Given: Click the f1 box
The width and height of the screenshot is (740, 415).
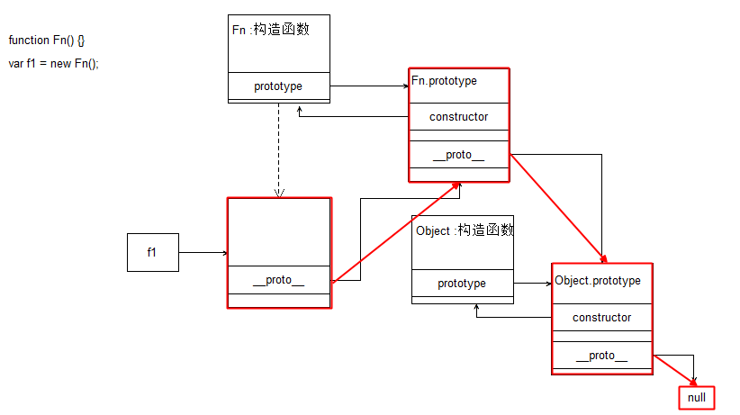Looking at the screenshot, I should click(x=152, y=252).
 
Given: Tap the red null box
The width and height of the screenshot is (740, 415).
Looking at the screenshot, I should click(x=697, y=397).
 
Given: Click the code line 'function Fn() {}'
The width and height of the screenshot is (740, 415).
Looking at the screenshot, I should click(x=47, y=41).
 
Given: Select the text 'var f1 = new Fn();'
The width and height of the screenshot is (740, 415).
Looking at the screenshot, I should click(x=53, y=64).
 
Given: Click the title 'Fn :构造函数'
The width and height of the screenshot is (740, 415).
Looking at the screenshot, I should click(x=270, y=30).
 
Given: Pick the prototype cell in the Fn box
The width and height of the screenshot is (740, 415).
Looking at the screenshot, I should click(x=278, y=86).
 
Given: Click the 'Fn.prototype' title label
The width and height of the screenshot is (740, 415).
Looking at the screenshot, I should click(x=445, y=81).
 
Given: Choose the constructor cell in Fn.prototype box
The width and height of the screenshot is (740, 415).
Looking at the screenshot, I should click(x=458, y=116).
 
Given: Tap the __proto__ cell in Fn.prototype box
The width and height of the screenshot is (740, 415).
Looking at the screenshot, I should click(x=458, y=155).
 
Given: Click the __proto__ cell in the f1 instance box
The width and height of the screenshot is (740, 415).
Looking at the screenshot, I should click(x=278, y=280).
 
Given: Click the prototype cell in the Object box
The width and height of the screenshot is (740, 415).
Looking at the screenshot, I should click(x=462, y=284).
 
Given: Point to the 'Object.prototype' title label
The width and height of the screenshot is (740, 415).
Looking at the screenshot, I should click(x=598, y=280).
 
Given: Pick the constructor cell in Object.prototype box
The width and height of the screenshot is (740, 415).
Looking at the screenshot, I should click(x=601, y=317).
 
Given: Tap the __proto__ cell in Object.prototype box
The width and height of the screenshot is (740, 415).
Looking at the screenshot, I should click(x=601, y=356).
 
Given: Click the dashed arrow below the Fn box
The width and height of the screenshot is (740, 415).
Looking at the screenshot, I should click(x=279, y=149).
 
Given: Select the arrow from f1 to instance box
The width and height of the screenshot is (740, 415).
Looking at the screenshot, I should click(x=203, y=253).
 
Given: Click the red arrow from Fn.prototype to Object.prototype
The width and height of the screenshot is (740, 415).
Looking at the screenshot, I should click(x=555, y=208).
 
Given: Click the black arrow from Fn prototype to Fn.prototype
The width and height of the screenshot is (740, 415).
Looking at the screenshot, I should click(x=369, y=86).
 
